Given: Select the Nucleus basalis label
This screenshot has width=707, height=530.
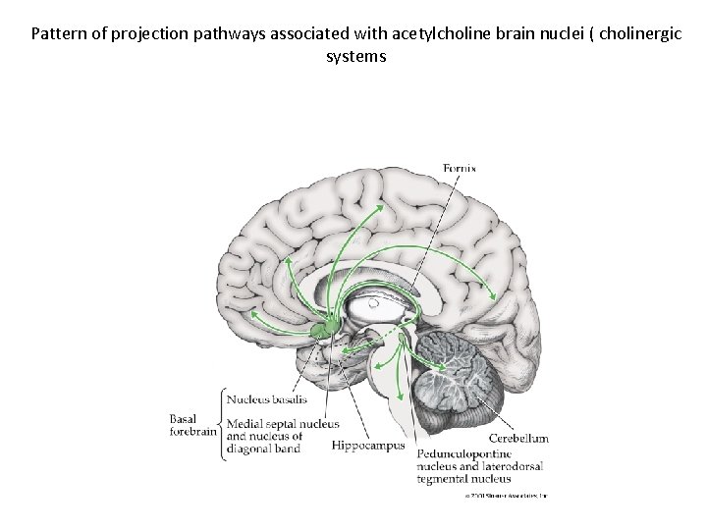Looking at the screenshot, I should point(267,399).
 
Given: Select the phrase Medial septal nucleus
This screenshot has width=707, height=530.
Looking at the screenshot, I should point(283,423).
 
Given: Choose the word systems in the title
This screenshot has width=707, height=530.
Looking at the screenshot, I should point(355,56).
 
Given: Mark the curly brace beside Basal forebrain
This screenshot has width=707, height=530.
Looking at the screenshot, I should point(221,423).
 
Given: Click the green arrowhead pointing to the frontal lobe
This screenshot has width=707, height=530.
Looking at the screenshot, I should point(252,314).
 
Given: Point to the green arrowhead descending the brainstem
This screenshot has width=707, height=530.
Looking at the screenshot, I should point(400,397).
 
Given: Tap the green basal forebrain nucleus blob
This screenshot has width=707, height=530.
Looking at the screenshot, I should point(324,328).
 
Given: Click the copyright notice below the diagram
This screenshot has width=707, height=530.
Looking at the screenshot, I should point(505,495).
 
